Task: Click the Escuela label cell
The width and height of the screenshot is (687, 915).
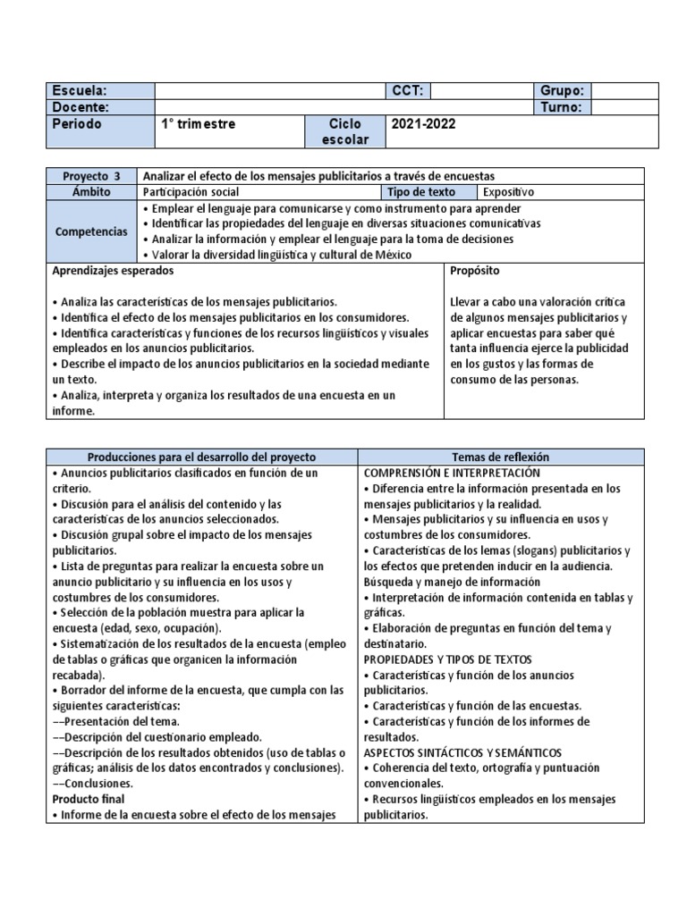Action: point(99,91)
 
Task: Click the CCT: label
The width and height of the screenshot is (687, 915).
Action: point(407,91)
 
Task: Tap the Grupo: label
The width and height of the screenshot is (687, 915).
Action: point(562,91)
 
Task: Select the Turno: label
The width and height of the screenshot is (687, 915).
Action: point(562,107)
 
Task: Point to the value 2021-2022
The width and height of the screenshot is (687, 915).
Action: point(423,124)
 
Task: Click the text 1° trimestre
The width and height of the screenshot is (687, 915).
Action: point(199,124)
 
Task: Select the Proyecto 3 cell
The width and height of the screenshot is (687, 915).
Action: point(91,176)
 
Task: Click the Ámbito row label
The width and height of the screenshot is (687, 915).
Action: point(91,192)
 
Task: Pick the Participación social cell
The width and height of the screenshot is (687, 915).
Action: point(191,192)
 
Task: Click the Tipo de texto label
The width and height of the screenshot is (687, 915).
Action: point(421,192)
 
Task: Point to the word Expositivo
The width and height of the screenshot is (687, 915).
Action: point(508,192)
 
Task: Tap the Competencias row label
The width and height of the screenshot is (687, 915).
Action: point(91,231)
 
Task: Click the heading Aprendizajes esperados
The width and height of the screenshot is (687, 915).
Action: point(113,271)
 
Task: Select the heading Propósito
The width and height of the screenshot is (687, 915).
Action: point(475,271)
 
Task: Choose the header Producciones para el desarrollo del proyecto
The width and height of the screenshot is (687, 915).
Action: point(201,457)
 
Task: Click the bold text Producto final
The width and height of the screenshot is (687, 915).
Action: point(89,799)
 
